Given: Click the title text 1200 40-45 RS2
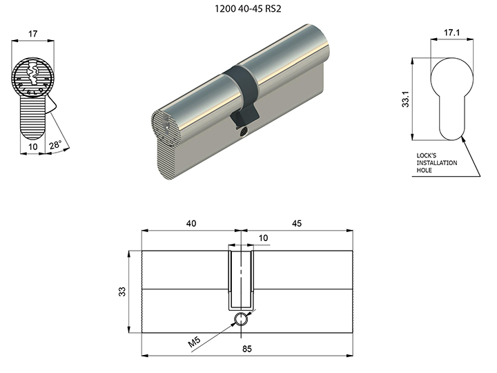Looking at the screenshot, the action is [248, 8].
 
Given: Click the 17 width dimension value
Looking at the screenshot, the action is [32, 34].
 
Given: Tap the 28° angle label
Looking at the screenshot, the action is [55, 145].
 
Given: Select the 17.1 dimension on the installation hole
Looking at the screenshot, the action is [451, 32].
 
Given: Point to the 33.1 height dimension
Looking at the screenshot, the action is [405, 99].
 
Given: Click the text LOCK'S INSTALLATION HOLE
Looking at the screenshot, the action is [437, 163].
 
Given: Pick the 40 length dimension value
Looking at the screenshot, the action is [191, 224].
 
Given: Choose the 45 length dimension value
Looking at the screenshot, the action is [296, 224].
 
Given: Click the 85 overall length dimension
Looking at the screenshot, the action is [247, 349].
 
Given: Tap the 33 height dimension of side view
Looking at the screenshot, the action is [122, 291].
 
